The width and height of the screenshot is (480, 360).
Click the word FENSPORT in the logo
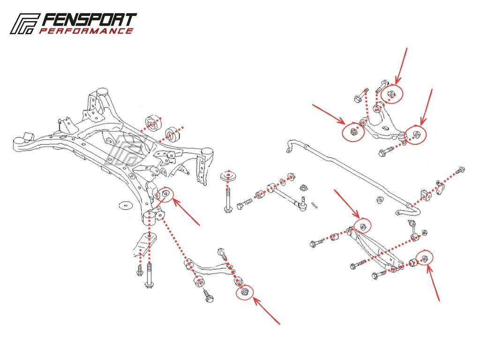point(89,20)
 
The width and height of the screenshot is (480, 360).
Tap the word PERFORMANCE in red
point(86,31)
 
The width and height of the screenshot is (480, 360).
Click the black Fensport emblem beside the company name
point(24,23)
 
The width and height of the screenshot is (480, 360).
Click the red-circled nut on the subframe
point(165,193)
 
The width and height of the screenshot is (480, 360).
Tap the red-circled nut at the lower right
point(424,258)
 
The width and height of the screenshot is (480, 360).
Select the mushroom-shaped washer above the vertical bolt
point(228,177)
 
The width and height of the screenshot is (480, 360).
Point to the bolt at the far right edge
point(460,170)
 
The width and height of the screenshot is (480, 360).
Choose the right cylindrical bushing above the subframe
point(172,134)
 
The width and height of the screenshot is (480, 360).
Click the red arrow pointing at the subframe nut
point(186,212)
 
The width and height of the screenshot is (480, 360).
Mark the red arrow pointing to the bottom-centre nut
point(266,310)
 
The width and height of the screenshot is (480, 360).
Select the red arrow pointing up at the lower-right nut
point(433,283)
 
